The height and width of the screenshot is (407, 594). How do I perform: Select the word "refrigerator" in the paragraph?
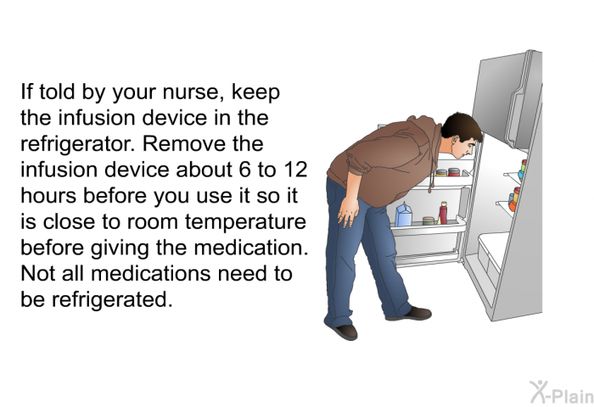coord(77,144)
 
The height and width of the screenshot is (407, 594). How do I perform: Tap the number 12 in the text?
coord(295,170)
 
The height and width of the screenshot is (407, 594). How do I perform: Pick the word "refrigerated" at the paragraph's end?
coord(112,299)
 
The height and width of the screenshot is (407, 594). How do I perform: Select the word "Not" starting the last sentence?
coord(36,273)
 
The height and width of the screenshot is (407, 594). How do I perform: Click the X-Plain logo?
coord(562,392)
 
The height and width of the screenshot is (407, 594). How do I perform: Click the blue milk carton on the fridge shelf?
coord(403,215)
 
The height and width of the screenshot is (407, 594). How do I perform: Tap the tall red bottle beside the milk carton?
coord(443,213)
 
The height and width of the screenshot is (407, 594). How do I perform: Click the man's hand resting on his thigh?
coord(347,211)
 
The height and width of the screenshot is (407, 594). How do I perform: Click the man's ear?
coord(455,142)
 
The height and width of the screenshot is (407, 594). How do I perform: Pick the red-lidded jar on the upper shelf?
coord(453,172)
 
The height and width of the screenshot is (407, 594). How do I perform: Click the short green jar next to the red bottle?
coord(429,220)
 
